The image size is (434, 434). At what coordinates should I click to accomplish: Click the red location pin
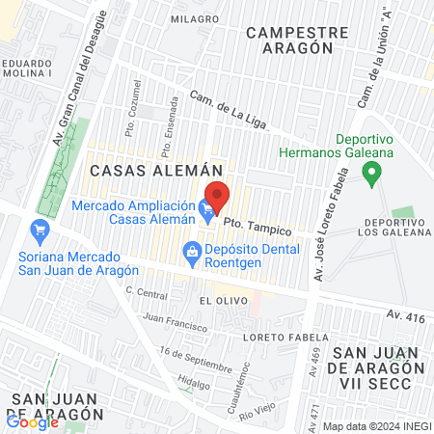(217, 196)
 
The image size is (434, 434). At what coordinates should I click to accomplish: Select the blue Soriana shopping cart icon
(40, 230)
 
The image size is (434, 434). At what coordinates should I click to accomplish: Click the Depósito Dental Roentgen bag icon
(190, 253)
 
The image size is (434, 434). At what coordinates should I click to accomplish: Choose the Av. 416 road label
(406, 314)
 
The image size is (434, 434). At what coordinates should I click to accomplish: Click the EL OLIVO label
(218, 301)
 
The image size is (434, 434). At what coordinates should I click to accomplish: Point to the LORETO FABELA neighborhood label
(280, 337)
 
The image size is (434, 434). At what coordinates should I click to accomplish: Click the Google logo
(32, 421)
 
